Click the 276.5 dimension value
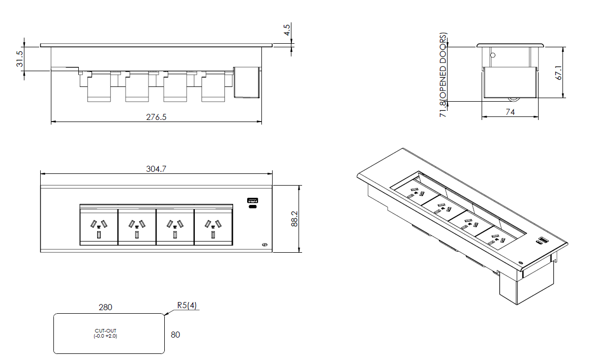click(x=156, y=117)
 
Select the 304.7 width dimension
click(x=156, y=169)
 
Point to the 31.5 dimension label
click(x=19, y=59)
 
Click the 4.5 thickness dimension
click(x=287, y=29)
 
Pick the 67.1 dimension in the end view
click(x=558, y=72)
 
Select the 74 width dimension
click(x=510, y=112)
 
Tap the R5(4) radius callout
click(x=187, y=306)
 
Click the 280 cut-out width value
click(x=105, y=307)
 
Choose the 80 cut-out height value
click(x=175, y=335)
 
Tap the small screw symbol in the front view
click(x=264, y=245)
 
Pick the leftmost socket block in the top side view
click(x=99, y=87)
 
